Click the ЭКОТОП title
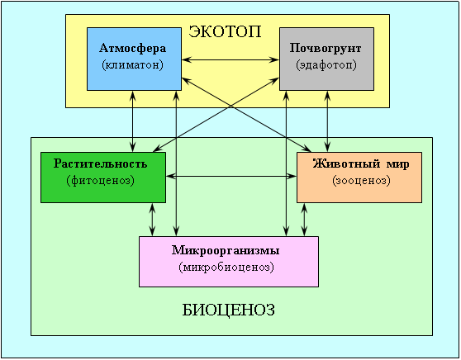(225, 31)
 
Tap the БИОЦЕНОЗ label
(229, 310)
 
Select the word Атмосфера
(132, 48)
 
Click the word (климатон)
(132, 64)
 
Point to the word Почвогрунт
(326, 48)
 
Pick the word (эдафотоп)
(326, 64)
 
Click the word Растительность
(100, 163)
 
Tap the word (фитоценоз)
(101, 180)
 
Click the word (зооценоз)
(362, 180)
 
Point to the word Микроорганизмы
(226, 250)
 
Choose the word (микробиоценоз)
(226, 268)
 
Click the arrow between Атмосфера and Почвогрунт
(230, 60)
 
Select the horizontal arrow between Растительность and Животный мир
(231, 176)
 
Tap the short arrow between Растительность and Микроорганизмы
(152, 220)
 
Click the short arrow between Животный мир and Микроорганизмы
(304, 220)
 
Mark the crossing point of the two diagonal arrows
(231, 107)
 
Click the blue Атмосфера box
(134, 59)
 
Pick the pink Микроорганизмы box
(229, 262)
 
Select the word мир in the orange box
(397, 164)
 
